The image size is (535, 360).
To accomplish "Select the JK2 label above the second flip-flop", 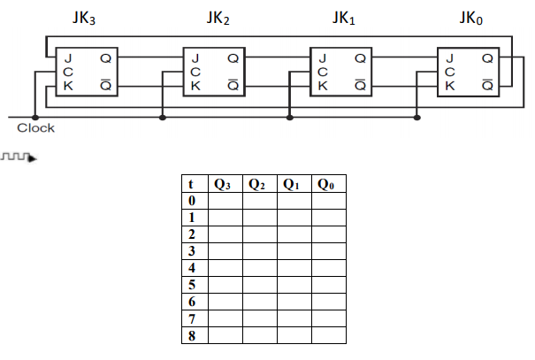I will (218, 19).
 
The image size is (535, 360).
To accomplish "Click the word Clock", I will (35, 129).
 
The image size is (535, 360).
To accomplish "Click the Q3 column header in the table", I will (224, 184).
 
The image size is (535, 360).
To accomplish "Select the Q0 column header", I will (328, 184).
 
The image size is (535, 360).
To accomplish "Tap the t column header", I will (191, 184).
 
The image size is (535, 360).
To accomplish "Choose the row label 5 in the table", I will (191, 285).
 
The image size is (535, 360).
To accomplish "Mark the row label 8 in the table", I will (191, 335).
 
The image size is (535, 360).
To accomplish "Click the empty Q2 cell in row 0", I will (259, 201).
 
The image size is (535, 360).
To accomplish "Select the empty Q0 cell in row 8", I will (328, 335).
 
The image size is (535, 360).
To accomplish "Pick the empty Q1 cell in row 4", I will (294, 268).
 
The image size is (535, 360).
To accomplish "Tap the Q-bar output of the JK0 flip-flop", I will (487, 86).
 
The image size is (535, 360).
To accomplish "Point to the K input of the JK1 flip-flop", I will (323, 86).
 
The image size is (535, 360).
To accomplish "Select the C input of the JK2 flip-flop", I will (195, 72).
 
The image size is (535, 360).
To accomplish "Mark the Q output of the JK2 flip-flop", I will (232, 58).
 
